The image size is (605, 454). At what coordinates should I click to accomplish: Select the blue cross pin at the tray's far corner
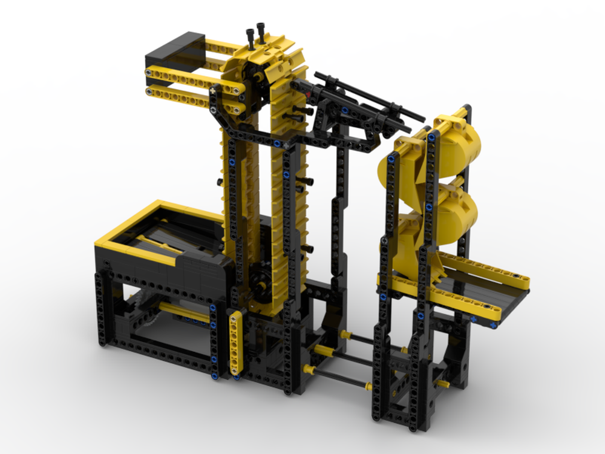[494, 325]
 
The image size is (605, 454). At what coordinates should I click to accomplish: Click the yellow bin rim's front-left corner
[103, 245]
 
